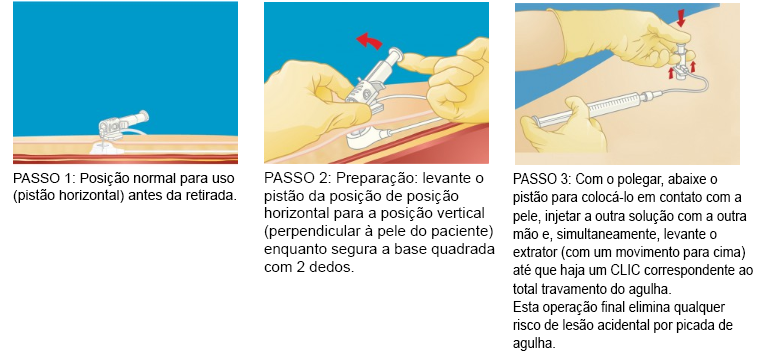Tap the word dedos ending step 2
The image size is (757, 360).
(x=334, y=269)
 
